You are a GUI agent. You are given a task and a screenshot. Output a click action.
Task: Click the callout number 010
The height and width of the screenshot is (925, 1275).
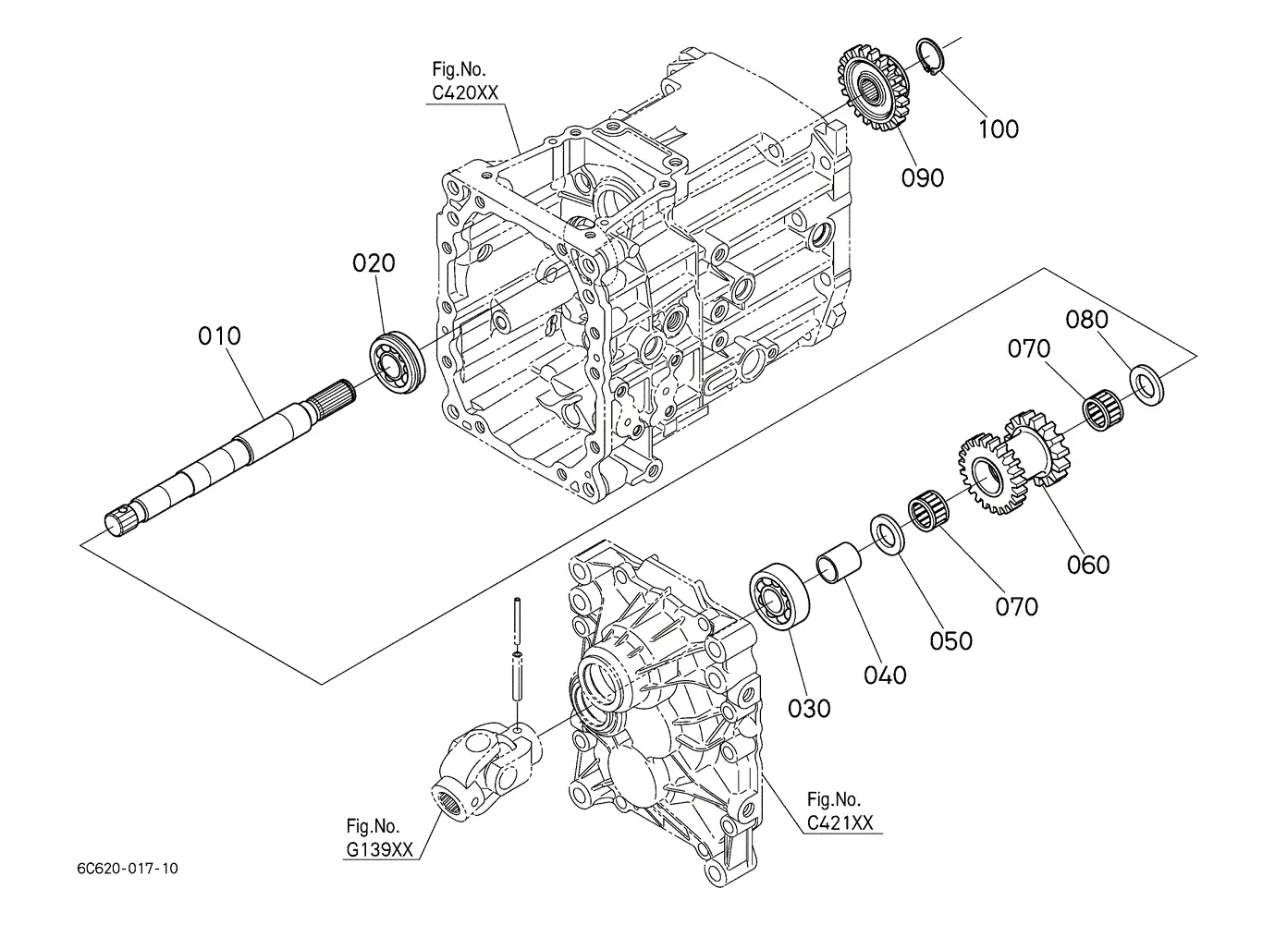click(219, 336)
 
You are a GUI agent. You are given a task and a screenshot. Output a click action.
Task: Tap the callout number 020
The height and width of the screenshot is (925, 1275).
click(374, 263)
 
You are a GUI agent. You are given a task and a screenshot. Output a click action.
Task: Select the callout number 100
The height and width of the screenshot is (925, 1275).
click(999, 129)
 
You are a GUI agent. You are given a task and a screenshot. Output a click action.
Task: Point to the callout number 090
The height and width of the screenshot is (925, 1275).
click(923, 178)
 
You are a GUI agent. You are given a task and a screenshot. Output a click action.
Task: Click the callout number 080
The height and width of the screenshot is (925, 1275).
click(1086, 320)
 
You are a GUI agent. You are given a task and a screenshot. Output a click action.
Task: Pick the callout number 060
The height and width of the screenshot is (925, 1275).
click(1087, 565)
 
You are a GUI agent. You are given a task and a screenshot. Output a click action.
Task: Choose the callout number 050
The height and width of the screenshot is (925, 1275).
click(950, 641)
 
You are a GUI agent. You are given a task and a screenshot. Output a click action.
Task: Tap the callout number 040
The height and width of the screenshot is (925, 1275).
click(885, 675)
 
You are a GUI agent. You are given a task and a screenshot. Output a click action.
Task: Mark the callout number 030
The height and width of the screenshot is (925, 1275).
click(809, 709)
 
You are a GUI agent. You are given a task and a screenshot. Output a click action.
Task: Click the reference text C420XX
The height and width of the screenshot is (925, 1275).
click(465, 92)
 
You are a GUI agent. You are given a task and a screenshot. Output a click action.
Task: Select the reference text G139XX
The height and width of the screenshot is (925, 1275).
click(379, 850)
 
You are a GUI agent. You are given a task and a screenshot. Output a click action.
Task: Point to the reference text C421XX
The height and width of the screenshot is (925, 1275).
click(840, 823)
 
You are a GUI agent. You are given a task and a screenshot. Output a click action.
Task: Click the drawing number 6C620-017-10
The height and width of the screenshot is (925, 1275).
click(128, 869)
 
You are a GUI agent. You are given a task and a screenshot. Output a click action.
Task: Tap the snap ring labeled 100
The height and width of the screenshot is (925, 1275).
click(931, 56)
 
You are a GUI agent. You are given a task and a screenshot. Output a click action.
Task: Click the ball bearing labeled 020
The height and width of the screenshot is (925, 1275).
click(398, 362)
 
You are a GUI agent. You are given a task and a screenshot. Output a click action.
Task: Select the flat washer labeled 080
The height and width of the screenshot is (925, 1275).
click(1146, 384)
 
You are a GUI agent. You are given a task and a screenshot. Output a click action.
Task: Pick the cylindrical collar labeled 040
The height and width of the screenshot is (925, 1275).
click(839, 563)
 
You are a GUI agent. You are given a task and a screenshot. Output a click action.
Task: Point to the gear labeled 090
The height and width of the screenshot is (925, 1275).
click(874, 90)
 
